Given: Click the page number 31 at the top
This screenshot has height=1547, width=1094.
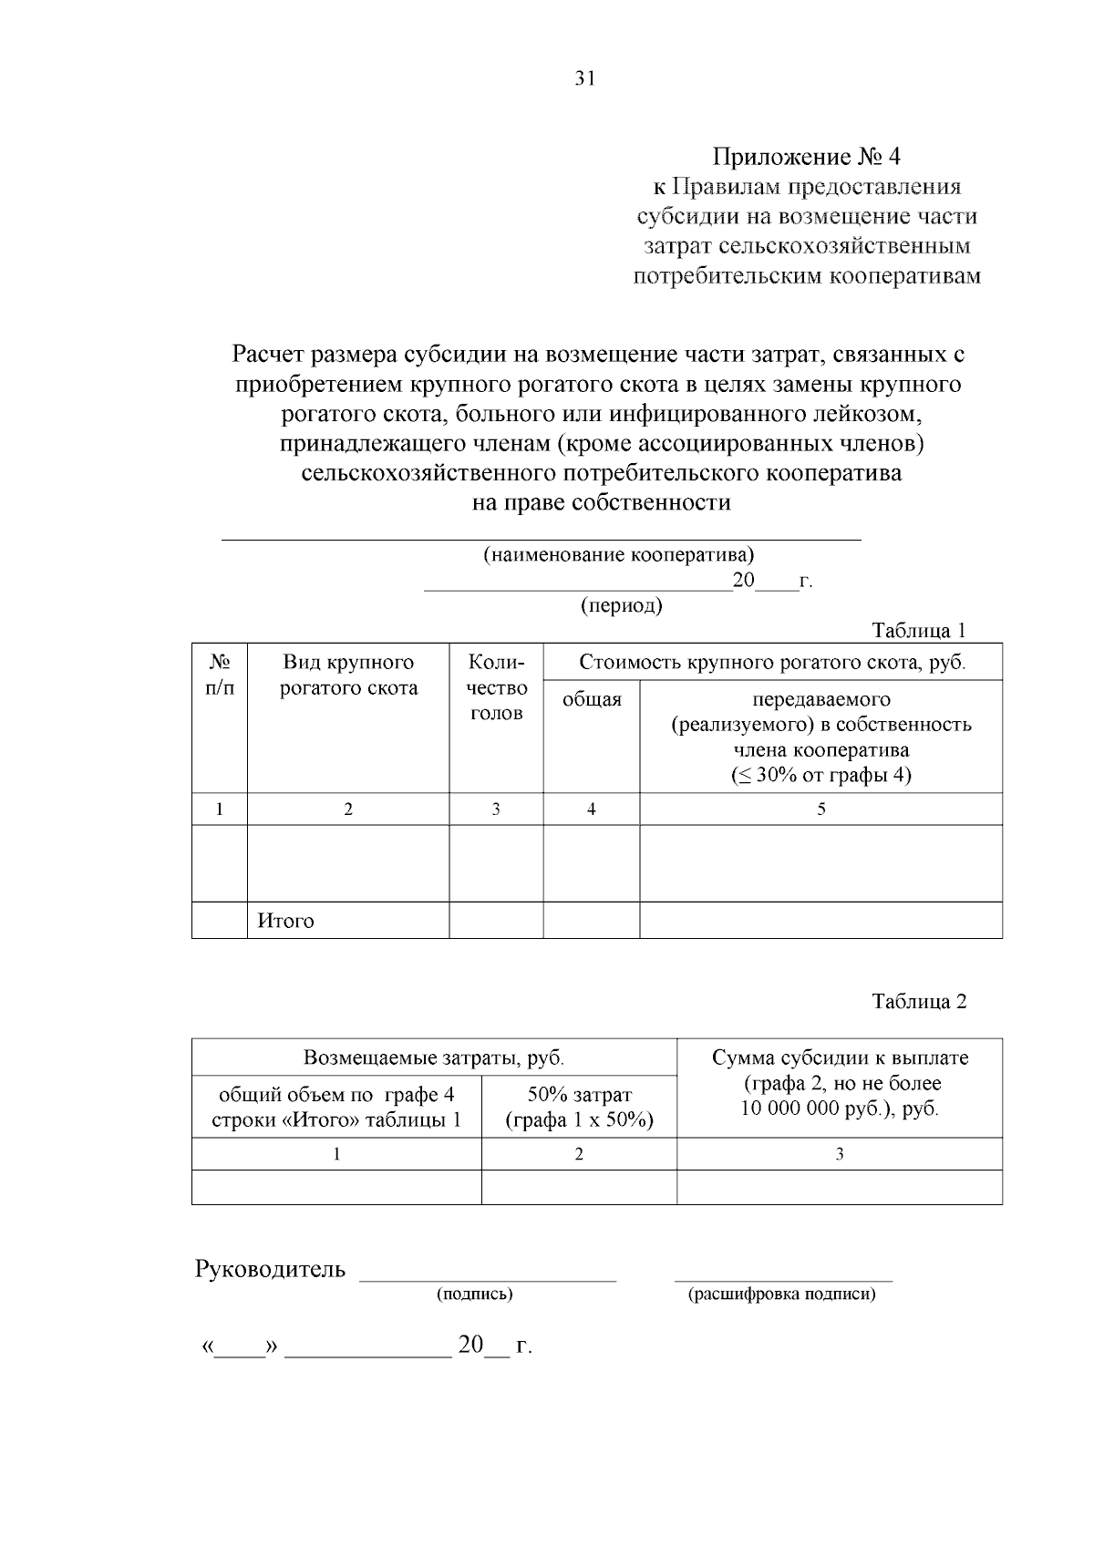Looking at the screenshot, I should [x=584, y=78].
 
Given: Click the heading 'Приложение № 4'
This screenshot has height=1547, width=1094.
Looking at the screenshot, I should [x=806, y=157].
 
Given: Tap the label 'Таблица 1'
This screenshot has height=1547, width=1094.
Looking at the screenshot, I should [x=918, y=631].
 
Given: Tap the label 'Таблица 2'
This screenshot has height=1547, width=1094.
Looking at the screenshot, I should [x=918, y=1001].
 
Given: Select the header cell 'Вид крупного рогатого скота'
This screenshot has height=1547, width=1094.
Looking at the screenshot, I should [x=348, y=676].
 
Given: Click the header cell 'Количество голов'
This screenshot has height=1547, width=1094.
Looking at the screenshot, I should [x=496, y=687].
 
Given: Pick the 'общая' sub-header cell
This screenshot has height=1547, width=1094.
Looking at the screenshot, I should [x=592, y=699].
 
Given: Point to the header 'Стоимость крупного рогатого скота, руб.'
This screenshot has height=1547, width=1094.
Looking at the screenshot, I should [x=771, y=663].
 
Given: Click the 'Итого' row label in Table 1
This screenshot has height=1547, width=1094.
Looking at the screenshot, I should [x=285, y=921].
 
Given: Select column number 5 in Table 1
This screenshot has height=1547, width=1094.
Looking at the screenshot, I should [x=820, y=810].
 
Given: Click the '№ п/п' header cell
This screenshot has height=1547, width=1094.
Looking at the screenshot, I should [x=219, y=676].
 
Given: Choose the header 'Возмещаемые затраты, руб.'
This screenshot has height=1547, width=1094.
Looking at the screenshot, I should [x=434, y=1058].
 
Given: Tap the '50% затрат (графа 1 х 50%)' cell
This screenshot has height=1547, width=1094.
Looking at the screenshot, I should [x=579, y=1107].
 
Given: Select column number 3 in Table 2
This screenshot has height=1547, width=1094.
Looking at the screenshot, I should [x=839, y=1154].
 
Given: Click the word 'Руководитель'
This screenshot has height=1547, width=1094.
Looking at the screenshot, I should [x=270, y=1269].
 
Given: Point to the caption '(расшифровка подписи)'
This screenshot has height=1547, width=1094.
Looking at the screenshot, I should [x=781, y=1294].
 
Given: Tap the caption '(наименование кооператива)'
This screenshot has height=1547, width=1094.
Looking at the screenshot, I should [x=617, y=554].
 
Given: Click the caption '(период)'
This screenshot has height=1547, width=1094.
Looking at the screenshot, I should [x=621, y=605].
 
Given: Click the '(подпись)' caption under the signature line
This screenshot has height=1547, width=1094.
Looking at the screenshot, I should [x=474, y=1294].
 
